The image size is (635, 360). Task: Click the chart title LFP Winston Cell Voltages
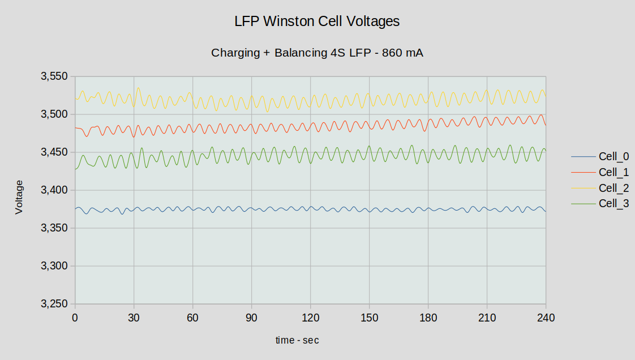317,22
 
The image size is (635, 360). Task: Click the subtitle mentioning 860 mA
317,53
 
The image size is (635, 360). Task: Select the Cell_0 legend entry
613,157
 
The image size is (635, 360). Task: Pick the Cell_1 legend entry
613,172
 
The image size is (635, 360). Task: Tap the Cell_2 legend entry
613,188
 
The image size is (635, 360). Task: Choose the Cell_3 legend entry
613,204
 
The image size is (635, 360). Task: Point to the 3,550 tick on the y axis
54,76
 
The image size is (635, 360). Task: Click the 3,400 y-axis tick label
54,190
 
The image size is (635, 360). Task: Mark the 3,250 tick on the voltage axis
54,304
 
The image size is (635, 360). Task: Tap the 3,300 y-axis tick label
54,266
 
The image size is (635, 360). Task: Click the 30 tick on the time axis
134,317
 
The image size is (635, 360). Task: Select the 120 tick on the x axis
310,317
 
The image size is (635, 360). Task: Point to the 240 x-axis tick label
546,317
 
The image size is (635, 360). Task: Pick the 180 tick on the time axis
428,317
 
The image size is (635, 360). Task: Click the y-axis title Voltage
19,197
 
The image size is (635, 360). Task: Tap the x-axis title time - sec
297,340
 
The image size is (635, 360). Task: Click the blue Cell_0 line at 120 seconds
310,208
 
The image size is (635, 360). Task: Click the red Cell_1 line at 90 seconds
251,128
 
